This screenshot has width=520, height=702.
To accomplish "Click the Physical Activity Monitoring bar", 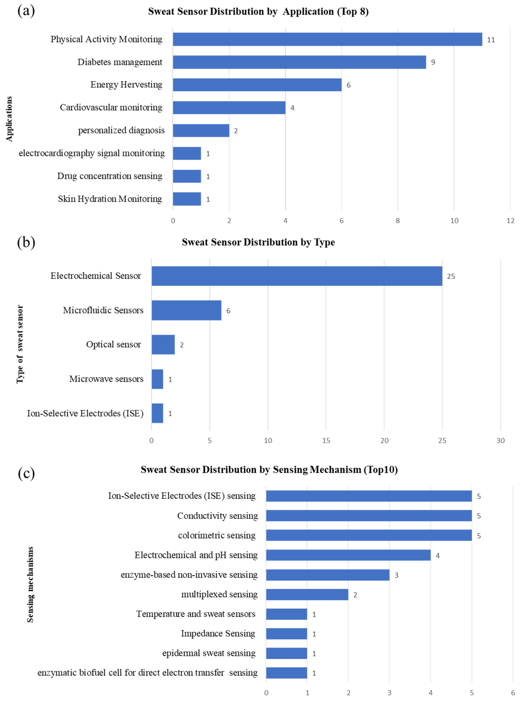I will point(327,39).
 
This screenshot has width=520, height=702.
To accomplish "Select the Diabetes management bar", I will point(299,62).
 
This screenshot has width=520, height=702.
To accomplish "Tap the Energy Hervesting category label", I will point(126,85).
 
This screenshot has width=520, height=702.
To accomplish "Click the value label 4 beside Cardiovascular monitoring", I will point(292,108).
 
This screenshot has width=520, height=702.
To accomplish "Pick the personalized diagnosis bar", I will point(201,130).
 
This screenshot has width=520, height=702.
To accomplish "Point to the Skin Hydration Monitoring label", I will point(110,199).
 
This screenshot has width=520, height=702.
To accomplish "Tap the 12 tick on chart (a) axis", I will point(510,221).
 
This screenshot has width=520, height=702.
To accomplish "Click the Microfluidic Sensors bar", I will point(186,310).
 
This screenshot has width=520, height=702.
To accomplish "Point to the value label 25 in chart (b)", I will point(451,276).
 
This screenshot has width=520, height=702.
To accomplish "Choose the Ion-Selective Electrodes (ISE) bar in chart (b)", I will point(157,413).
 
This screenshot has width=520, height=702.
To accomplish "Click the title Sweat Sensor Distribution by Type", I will point(258,242).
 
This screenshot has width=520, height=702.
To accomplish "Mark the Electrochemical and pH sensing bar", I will point(348,555).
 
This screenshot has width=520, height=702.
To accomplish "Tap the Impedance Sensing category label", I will point(218,634).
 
